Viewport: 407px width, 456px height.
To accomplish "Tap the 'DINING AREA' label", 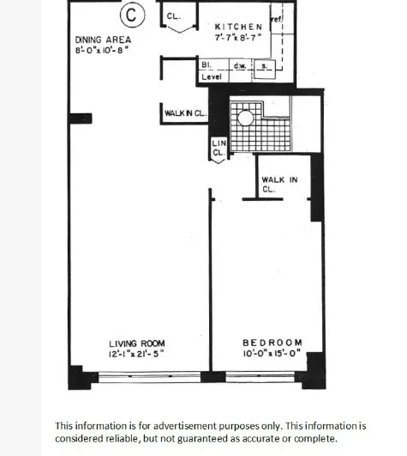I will (103, 40).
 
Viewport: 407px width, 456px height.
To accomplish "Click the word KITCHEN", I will (238, 27).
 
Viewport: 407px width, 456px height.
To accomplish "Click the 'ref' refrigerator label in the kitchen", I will (277, 19).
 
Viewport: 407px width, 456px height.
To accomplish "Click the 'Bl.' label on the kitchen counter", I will (206, 64).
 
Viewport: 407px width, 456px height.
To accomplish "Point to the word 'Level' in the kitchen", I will (212, 76).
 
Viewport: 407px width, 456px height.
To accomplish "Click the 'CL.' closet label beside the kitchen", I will (173, 16).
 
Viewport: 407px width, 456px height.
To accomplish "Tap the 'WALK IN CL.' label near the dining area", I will (185, 112).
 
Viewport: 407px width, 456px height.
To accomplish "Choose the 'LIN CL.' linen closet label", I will (218, 148).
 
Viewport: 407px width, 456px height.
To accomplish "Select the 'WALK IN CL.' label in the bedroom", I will (278, 184).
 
